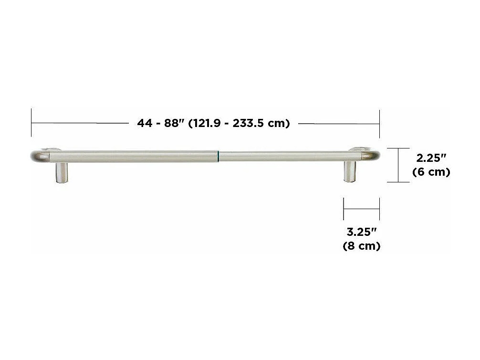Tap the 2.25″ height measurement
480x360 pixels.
coord(431,158)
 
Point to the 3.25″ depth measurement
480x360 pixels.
coord(362,233)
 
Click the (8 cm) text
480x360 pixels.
coord(362,246)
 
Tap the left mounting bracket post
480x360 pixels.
coord(62,172)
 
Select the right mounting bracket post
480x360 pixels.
coord(350,171)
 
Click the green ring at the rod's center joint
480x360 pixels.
coord(219,156)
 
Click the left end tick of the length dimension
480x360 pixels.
coord(31,123)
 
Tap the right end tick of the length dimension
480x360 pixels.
coord(379,123)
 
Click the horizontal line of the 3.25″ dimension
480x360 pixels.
coord(361,208)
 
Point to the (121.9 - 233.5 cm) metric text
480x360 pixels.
coord(240,123)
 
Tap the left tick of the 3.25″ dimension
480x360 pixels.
coord(344,208)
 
